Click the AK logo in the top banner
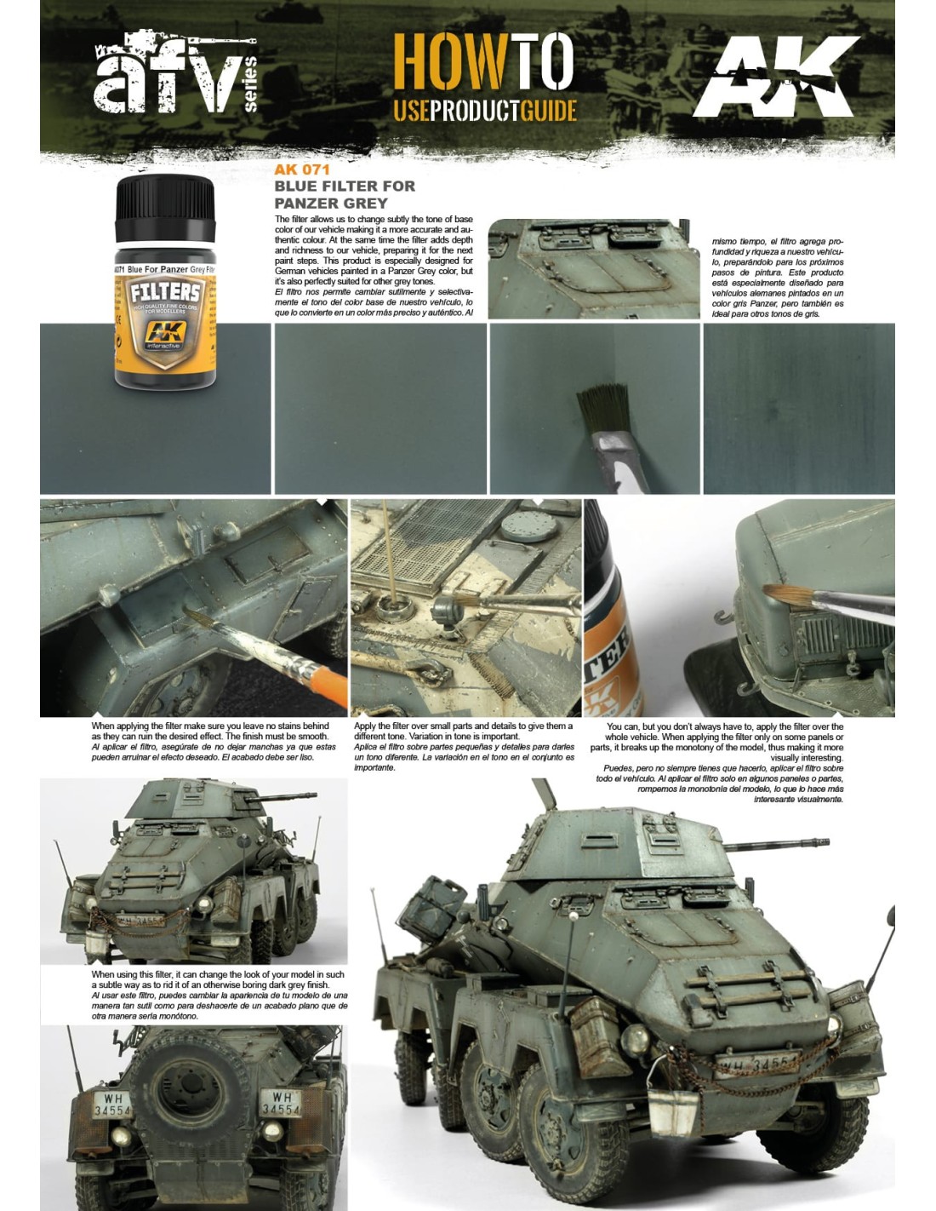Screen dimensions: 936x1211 777,77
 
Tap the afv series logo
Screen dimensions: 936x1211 174,72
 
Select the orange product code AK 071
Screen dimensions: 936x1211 302,169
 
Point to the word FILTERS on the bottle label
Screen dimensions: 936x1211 165,292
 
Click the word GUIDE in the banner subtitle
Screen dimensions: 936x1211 548,112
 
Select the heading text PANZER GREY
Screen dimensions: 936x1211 331,203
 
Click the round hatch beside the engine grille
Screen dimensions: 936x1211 529,526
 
